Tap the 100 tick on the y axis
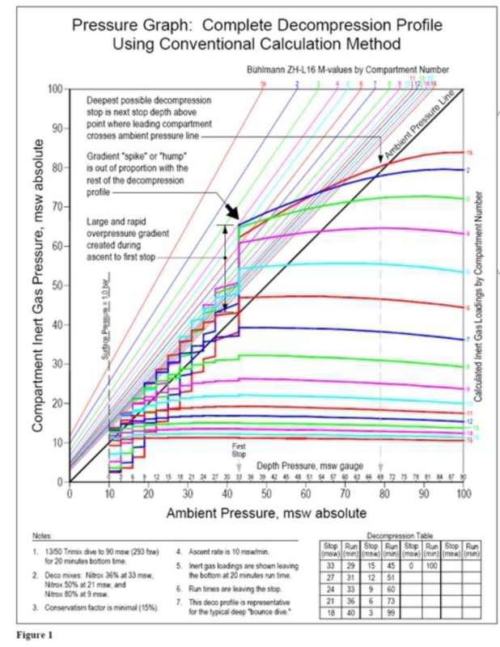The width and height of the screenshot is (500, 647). coord(57,87)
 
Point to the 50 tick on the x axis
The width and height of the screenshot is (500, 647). coord(307,493)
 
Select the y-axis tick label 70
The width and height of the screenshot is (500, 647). coord(57,206)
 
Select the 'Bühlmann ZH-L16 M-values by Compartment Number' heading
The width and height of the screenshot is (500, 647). coord(348,70)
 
